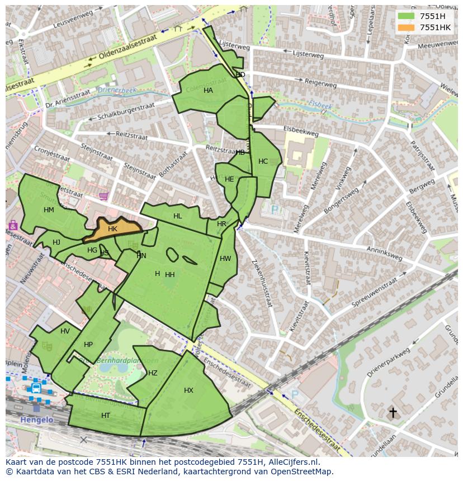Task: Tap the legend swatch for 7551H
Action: pos(407,16)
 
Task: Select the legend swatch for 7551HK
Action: pos(407,27)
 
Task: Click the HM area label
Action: pos(49,210)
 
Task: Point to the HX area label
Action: pos(188,390)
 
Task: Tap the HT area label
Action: pos(106,416)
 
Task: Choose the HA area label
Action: pos(208,91)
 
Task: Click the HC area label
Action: pos(263,161)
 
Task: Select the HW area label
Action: pos(225,259)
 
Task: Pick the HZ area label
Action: pos(153,373)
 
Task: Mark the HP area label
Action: pos(88,345)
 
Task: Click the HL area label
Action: pos(178,216)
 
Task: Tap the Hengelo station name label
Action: pos(37,420)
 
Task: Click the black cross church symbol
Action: pos(393,412)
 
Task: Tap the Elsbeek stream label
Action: pos(320,106)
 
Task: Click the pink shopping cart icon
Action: pos(103,196)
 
